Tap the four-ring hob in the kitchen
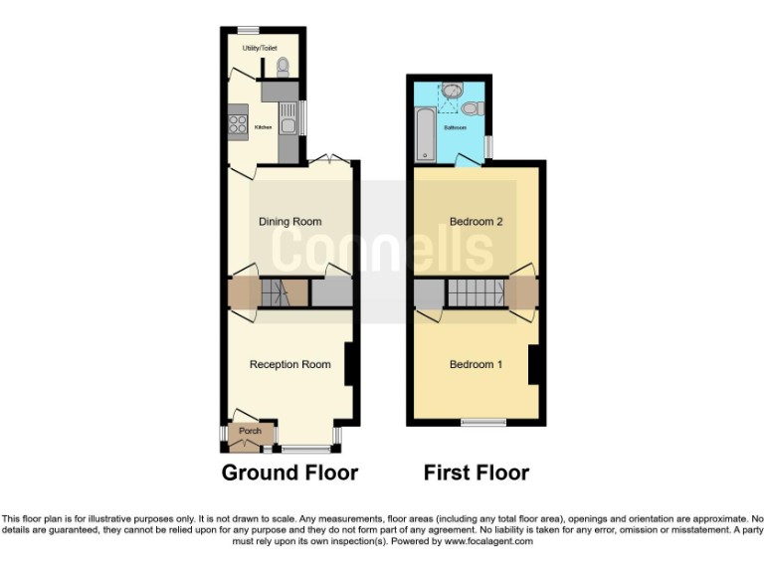[x=239, y=124]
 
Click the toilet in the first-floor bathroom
[x=472, y=106]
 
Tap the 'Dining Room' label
[x=290, y=222]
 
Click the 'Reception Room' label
[x=289, y=364]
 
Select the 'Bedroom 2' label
[x=477, y=222]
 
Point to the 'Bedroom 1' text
[x=476, y=364]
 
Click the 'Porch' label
[x=250, y=431]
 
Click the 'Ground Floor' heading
[x=289, y=473]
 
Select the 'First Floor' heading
[x=477, y=473]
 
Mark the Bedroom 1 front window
[x=483, y=424]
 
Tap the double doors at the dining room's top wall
[x=326, y=160]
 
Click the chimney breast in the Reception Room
[x=350, y=364]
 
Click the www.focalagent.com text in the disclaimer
[x=490, y=542]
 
